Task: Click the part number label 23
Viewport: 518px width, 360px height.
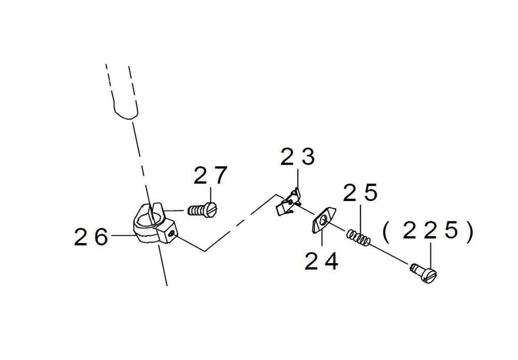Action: [297, 157]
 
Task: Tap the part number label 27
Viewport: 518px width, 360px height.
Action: [210, 176]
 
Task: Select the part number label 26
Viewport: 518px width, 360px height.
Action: [91, 237]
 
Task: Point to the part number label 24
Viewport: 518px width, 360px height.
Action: [321, 261]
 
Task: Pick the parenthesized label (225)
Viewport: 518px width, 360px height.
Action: [427, 232]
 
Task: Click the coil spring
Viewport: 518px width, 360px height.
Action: [359, 237]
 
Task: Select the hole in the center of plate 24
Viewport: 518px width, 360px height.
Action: [324, 220]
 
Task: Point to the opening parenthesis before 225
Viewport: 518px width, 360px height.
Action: [386, 232]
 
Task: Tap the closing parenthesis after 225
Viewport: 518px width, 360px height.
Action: [469, 232]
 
